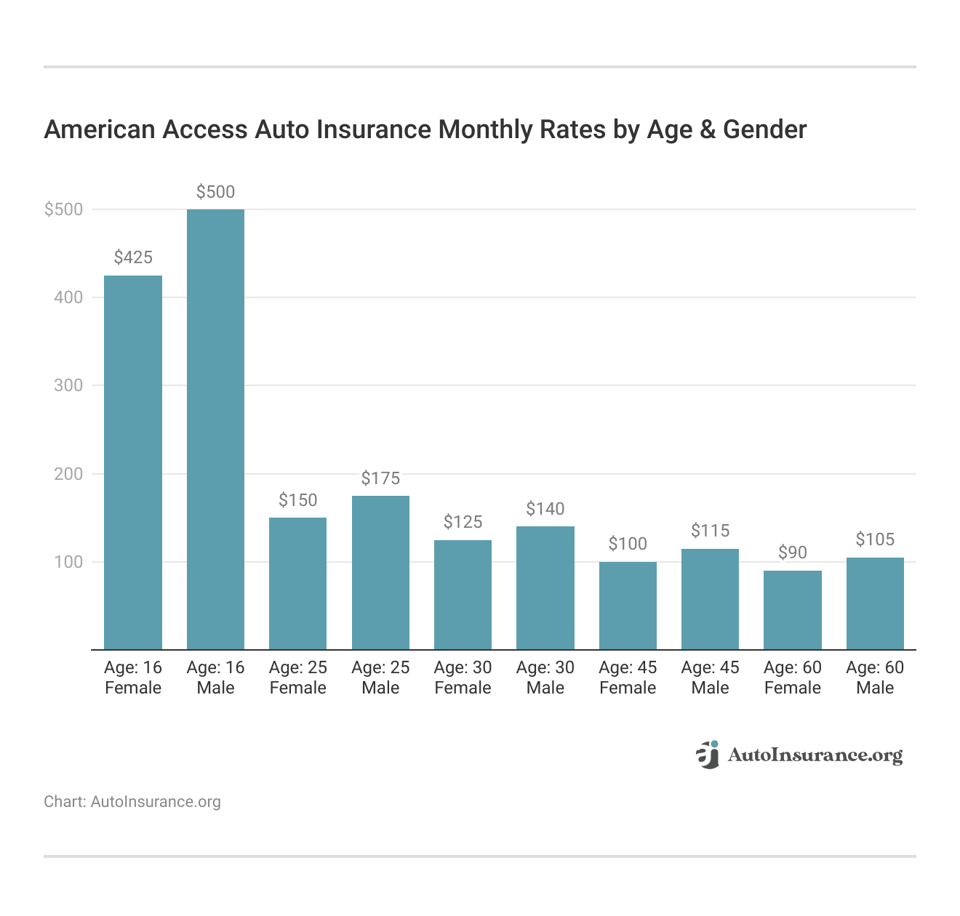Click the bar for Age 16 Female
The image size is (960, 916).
pos(133,462)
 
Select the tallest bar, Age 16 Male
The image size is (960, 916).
pos(215,429)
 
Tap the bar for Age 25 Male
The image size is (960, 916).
pos(380,572)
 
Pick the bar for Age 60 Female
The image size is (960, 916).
pos(793,610)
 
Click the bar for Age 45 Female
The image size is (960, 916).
pos(628,606)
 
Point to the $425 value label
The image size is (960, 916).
pos(133,257)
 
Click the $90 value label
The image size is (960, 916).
pos(793,553)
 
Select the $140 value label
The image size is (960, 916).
pos(545,509)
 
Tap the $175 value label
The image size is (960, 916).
pos(380,478)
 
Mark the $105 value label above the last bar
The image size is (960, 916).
pos(875,539)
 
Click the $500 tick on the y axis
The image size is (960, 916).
pos(64,210)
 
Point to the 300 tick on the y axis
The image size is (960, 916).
pos(68,386)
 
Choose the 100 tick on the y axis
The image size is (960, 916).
pos(68,563)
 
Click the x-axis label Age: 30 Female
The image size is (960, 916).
pos(463,678)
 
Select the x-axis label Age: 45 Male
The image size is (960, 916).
pos(710,678)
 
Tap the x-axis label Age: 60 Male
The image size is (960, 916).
pos(875,678)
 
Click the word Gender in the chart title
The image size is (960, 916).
pos(764,130)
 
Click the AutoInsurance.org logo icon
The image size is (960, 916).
pos(707,755)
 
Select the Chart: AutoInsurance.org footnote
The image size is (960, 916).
pos(132,802)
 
